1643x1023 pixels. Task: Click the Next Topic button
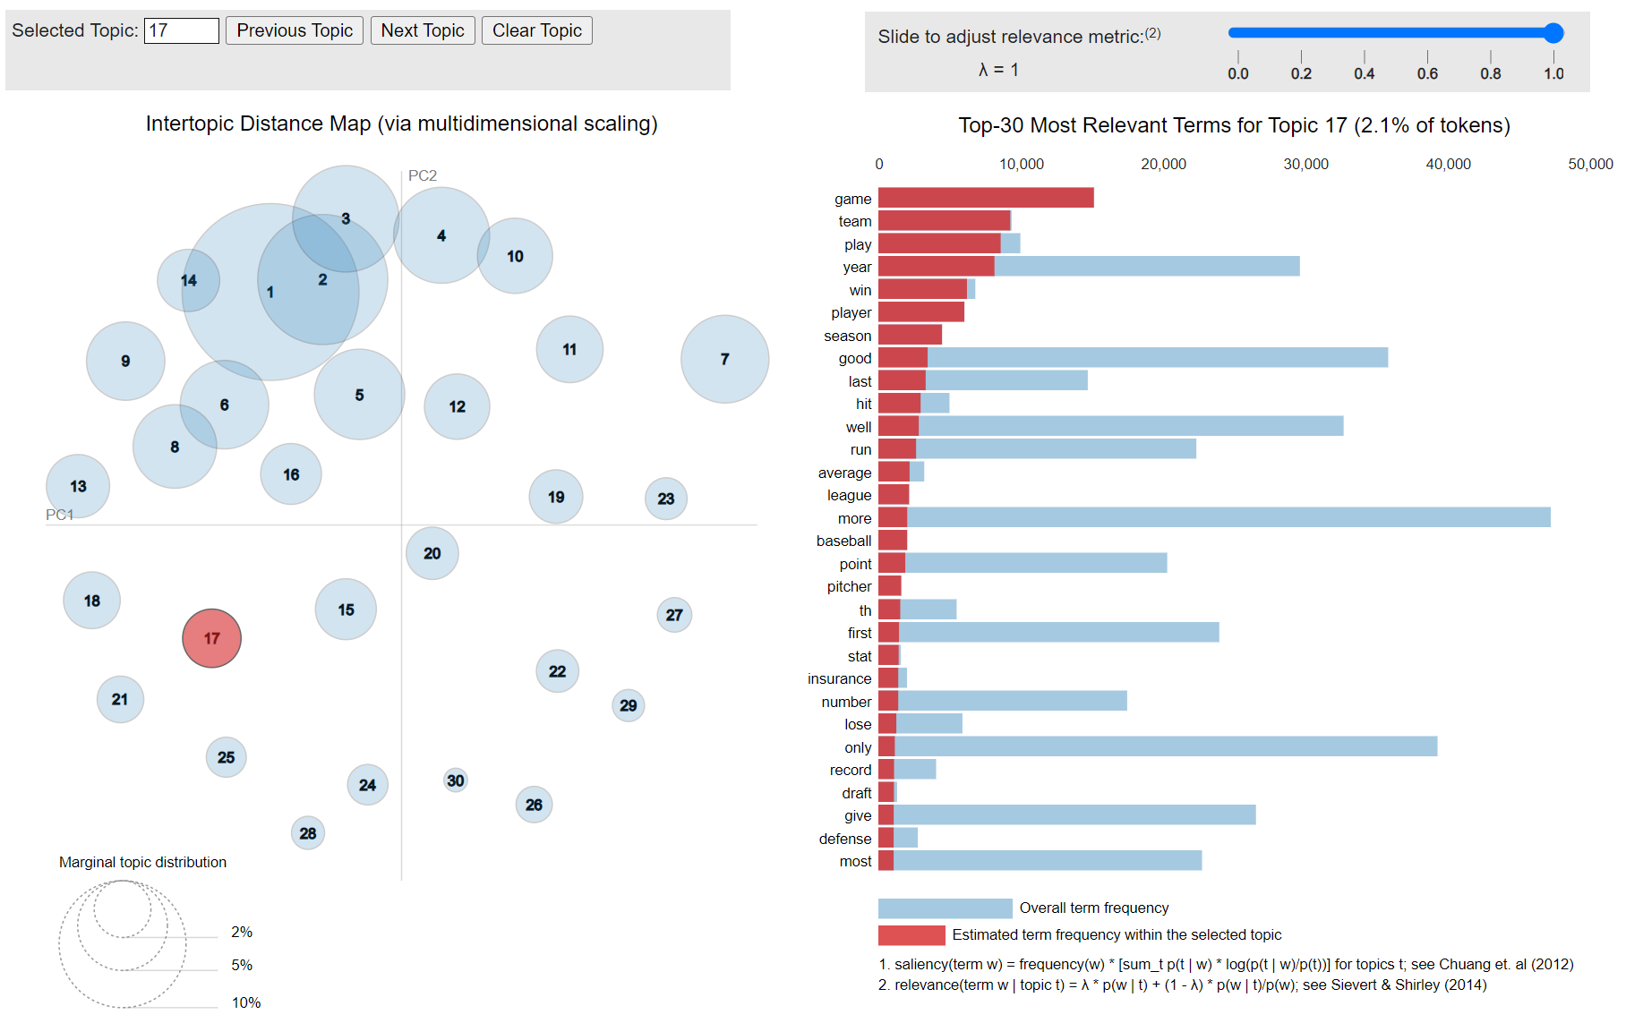tap(423, 30)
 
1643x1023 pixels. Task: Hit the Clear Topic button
tap(537, 30)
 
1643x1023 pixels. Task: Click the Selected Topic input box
tap(182, 30)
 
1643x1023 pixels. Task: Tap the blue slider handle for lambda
tap(1553, 33)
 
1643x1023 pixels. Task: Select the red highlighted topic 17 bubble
tap(211, 638)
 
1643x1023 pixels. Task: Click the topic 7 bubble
tap(724, 359)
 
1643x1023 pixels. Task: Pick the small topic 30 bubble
tap(456, 780)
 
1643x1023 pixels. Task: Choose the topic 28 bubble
tap(308, 833)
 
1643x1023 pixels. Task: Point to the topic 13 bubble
tap(78, 486)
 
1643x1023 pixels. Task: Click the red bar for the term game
tap(985, 198)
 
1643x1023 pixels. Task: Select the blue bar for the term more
tap(1227, 517)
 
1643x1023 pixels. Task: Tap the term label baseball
tap(843, 541)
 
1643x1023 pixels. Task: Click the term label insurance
tap(839, 678)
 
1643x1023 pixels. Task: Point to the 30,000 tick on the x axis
tap(1305, 164)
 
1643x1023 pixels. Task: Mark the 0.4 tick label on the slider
tap(1364, 73)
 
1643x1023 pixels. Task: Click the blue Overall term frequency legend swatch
tap(945, 908)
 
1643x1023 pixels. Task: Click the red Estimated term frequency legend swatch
tap(911, 935)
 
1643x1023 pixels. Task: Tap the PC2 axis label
tap(423, 175)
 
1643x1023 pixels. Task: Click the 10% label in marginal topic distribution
tap(246, 1002)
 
